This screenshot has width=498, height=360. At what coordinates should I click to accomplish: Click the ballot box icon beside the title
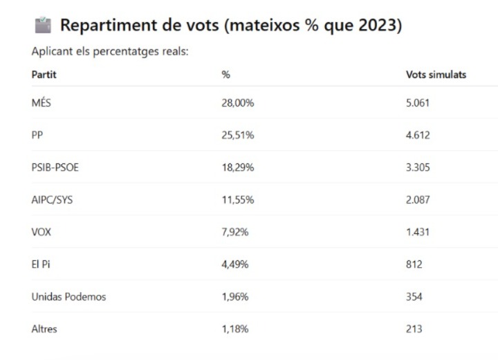43,26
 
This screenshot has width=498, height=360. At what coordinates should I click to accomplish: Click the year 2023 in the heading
378,26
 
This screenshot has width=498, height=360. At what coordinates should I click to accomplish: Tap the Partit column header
44,75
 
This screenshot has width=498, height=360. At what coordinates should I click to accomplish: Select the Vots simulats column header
436,75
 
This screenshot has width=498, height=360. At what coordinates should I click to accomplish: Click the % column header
225,75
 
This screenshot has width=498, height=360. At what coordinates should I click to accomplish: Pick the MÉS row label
41,103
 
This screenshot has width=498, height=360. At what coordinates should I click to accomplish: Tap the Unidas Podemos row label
68,297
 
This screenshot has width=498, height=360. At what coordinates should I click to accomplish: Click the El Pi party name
41,264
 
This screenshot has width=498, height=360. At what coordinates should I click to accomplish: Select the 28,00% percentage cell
238,103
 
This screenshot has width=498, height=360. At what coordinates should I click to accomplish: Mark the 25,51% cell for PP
238,136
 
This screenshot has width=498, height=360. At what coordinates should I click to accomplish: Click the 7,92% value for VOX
236,232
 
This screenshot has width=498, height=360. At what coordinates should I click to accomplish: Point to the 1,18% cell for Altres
236,329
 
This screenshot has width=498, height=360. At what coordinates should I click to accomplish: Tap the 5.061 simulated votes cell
418,103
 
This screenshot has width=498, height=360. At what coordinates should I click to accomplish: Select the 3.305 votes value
418,168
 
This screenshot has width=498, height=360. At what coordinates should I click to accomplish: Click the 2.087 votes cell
418,200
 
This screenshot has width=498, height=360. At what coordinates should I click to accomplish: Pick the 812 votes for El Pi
414,264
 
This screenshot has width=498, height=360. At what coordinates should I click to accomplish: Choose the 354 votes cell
414,297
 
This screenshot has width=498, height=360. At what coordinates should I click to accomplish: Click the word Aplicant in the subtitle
51,52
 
